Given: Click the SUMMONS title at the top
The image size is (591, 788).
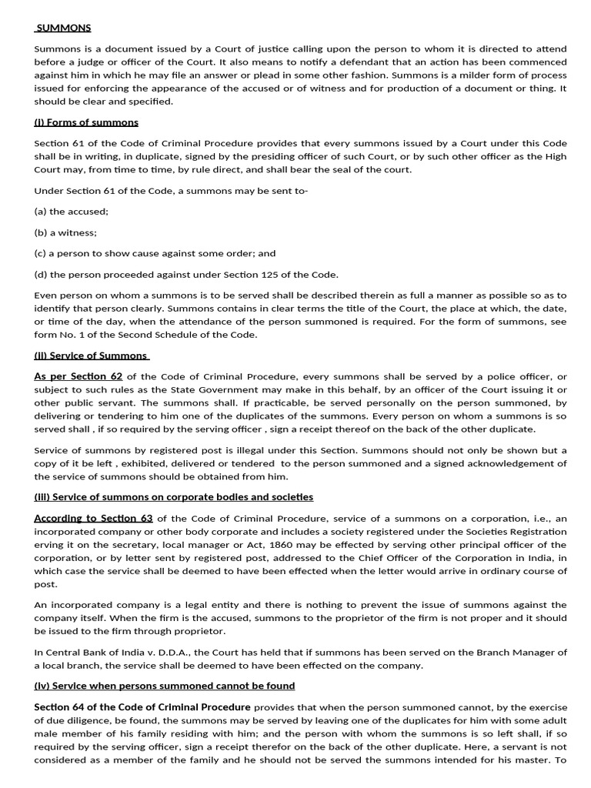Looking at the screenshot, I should point(64,28).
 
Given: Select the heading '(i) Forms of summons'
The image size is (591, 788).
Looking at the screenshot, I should point(86,122).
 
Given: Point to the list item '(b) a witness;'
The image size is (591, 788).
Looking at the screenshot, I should point(66,232).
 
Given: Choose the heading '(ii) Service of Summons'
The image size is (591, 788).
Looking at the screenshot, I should point(91,356).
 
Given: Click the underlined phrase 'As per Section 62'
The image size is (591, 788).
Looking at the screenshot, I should point(78,376).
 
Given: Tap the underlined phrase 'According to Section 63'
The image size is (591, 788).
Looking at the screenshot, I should point(93,518).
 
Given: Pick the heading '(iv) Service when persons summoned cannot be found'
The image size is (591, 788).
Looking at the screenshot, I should point(164,686).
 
